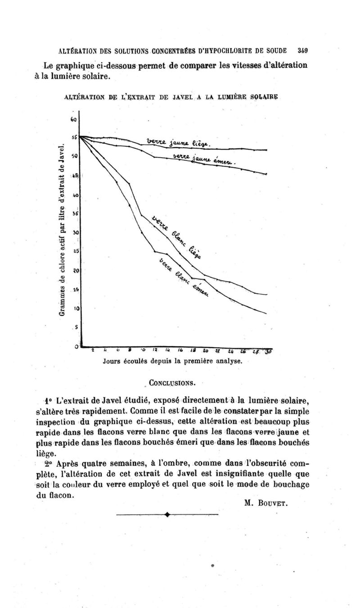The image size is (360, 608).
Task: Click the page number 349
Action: coord(301,50)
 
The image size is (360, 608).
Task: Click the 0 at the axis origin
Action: coord(77,346)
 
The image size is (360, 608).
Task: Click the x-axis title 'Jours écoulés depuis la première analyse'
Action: coord(173,361)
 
